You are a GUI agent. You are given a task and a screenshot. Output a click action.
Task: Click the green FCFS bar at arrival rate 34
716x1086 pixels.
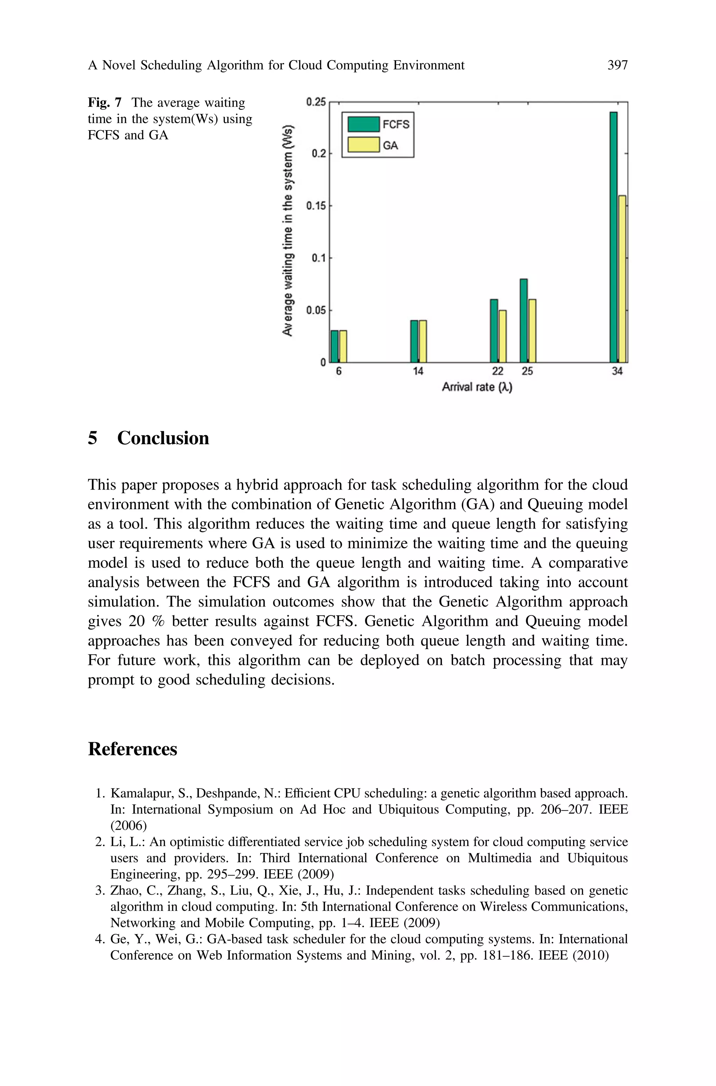613,237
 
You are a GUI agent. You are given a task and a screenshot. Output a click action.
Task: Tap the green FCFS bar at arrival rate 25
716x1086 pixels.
523,321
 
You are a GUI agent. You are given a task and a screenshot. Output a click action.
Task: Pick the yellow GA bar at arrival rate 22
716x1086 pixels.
502,336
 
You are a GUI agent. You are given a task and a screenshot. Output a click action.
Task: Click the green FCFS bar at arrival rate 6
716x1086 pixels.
334,346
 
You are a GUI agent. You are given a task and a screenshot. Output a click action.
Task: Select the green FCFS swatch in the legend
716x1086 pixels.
364,124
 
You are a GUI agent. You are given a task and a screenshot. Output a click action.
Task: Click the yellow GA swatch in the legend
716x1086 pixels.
364,145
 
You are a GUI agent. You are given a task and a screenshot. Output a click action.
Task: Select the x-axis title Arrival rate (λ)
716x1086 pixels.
477,387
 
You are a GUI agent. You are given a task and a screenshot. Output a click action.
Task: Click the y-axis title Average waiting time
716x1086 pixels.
288,230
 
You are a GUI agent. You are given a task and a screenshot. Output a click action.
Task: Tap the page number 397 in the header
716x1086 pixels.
617,65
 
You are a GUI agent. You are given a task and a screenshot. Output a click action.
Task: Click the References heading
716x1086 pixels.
133,749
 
